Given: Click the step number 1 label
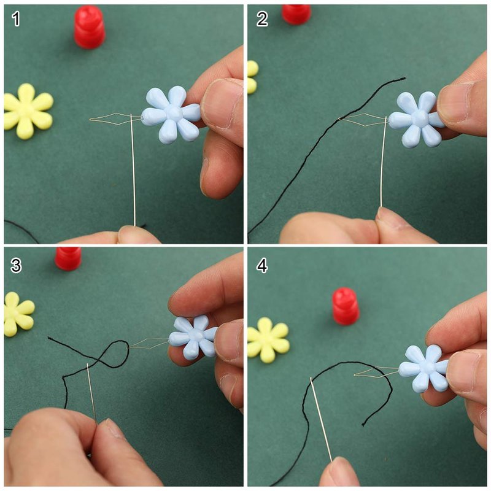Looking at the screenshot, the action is [16, 19].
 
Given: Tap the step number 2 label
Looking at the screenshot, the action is [262, 19].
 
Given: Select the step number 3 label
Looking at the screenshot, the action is [16, 265].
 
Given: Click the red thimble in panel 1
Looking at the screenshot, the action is [90, 27].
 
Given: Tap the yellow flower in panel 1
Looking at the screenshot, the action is [28, 111].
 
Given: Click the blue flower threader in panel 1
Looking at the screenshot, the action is [171, 114].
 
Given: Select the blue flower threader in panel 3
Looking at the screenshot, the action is [193, 337].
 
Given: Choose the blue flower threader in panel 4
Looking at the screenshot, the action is [423, 369].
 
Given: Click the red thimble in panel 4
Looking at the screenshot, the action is [346, 306].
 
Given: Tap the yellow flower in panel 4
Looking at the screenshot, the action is [268, 340].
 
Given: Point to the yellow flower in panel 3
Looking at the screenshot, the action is [18, 314].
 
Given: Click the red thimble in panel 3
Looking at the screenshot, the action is [68, 258].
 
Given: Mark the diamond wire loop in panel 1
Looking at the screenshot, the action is [115, 119].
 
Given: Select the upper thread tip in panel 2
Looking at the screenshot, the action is [405, 78].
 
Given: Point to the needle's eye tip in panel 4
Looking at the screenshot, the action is [311, 379].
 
